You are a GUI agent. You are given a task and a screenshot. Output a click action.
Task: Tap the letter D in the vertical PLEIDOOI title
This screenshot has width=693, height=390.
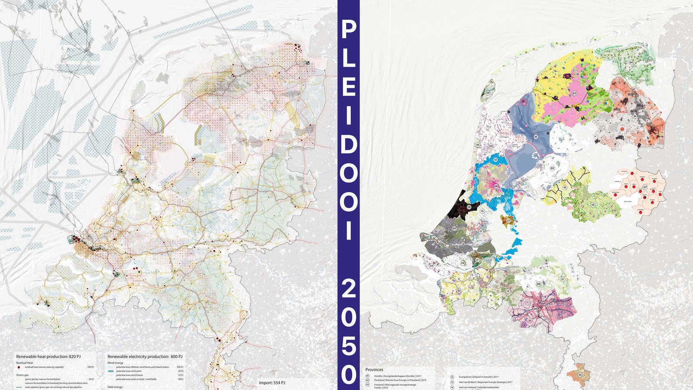[348, 145]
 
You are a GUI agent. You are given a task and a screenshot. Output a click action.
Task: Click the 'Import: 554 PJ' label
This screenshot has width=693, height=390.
[272, 383]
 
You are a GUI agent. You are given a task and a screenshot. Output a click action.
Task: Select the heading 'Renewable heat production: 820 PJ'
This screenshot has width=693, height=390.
[49, 356]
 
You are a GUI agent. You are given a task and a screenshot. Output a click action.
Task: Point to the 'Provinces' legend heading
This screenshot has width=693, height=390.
[374, 370]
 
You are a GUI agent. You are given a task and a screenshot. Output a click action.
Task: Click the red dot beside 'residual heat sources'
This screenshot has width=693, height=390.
[19, 367]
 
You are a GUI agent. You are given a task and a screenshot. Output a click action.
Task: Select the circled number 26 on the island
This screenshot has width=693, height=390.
[488, 93]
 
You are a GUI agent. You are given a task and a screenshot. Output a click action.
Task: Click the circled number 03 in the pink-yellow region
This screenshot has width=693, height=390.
[574, 93]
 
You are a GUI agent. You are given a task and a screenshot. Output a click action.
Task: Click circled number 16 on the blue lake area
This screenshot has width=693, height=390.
[536, 137]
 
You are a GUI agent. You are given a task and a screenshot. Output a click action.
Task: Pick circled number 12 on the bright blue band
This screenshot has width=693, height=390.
[495, 160]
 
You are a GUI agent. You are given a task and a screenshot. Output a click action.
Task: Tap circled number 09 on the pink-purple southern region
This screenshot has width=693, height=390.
[535, 309]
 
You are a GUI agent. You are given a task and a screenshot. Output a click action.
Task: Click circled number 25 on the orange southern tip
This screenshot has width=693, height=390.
[580, 374]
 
